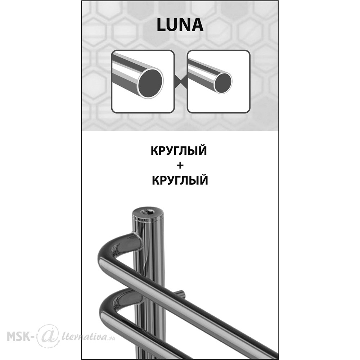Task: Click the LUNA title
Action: click(180, 25)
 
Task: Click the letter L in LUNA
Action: click(161, 25)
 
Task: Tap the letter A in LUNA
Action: click(197, 25)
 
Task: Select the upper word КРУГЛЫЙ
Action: click(179, 151)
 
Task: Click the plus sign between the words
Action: click(180, 166)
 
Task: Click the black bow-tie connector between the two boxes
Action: click(181, 82)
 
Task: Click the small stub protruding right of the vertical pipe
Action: click(180, 294)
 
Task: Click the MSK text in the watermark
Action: click(20, 336)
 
